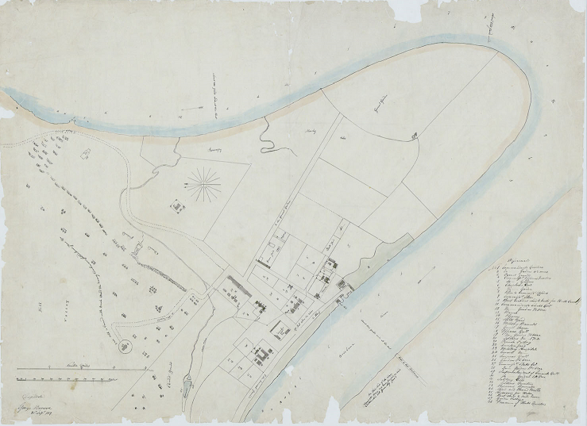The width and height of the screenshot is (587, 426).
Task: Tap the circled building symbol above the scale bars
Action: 124,347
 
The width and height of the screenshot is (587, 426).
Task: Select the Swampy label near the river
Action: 194,148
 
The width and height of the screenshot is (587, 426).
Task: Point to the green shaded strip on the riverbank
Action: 386,253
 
